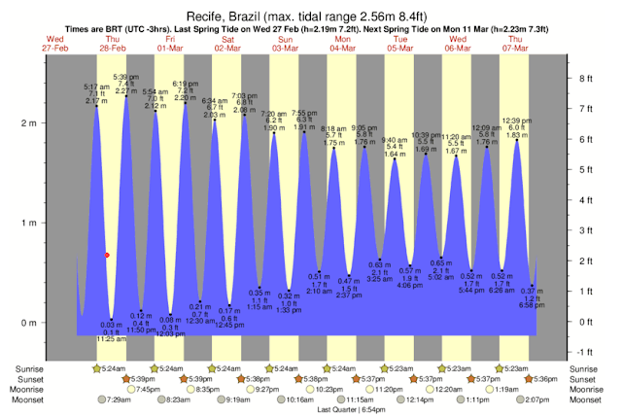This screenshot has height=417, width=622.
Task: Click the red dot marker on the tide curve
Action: tap(107, 255)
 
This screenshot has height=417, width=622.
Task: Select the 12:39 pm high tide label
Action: tap(517, 121)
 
